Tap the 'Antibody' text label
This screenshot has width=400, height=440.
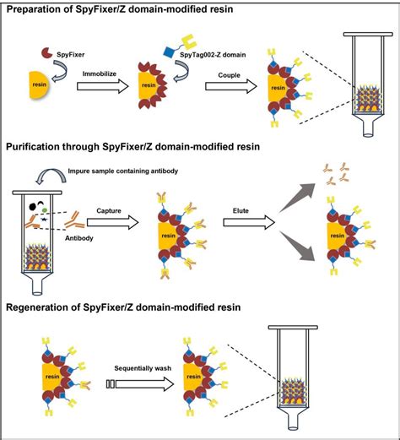click(81, 236)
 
